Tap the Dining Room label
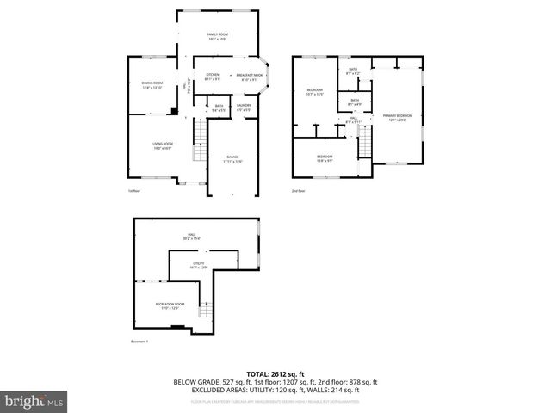[x=152, y=85]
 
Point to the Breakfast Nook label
[x=251, y=77]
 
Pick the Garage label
[x=232, y=157]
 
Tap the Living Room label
[x=163, y=145]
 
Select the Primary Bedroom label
[x=397, y=117]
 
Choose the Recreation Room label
[x=170, y=305]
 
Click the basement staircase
[x=205, y=311]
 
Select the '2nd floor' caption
[x=298, y=191]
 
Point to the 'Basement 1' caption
[x=140, y=342]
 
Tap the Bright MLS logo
[x=34, y=401]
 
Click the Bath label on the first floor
[x=219, y=108]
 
